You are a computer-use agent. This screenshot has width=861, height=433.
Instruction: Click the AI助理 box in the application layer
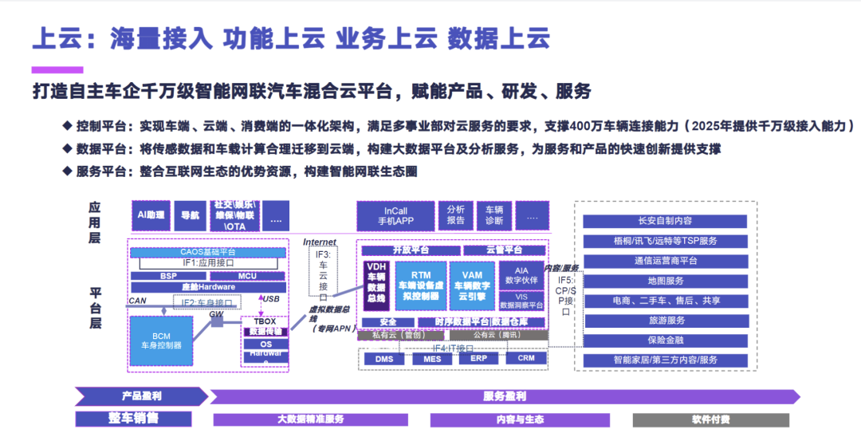click(151, 215)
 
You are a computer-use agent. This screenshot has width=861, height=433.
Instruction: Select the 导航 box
click(190, 215)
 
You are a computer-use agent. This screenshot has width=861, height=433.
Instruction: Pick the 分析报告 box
click(456, 215)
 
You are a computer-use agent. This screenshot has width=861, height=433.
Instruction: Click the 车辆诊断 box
click(494, 215)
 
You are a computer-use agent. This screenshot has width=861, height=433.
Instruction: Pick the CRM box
click(526, 358)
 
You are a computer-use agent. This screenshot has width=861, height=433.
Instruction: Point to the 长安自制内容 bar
click(665, 221)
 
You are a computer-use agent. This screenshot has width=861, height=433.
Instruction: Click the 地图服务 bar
click(665, 281)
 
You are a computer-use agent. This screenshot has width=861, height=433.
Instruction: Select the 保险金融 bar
click(665, 340)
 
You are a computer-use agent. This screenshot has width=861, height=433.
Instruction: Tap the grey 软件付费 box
click(710, 419)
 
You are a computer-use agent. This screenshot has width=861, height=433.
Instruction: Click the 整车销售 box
click(134, 419)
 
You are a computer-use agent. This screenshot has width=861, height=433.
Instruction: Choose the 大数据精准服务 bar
click(310, 419)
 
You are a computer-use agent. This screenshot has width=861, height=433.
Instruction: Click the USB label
click(271, 299)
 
